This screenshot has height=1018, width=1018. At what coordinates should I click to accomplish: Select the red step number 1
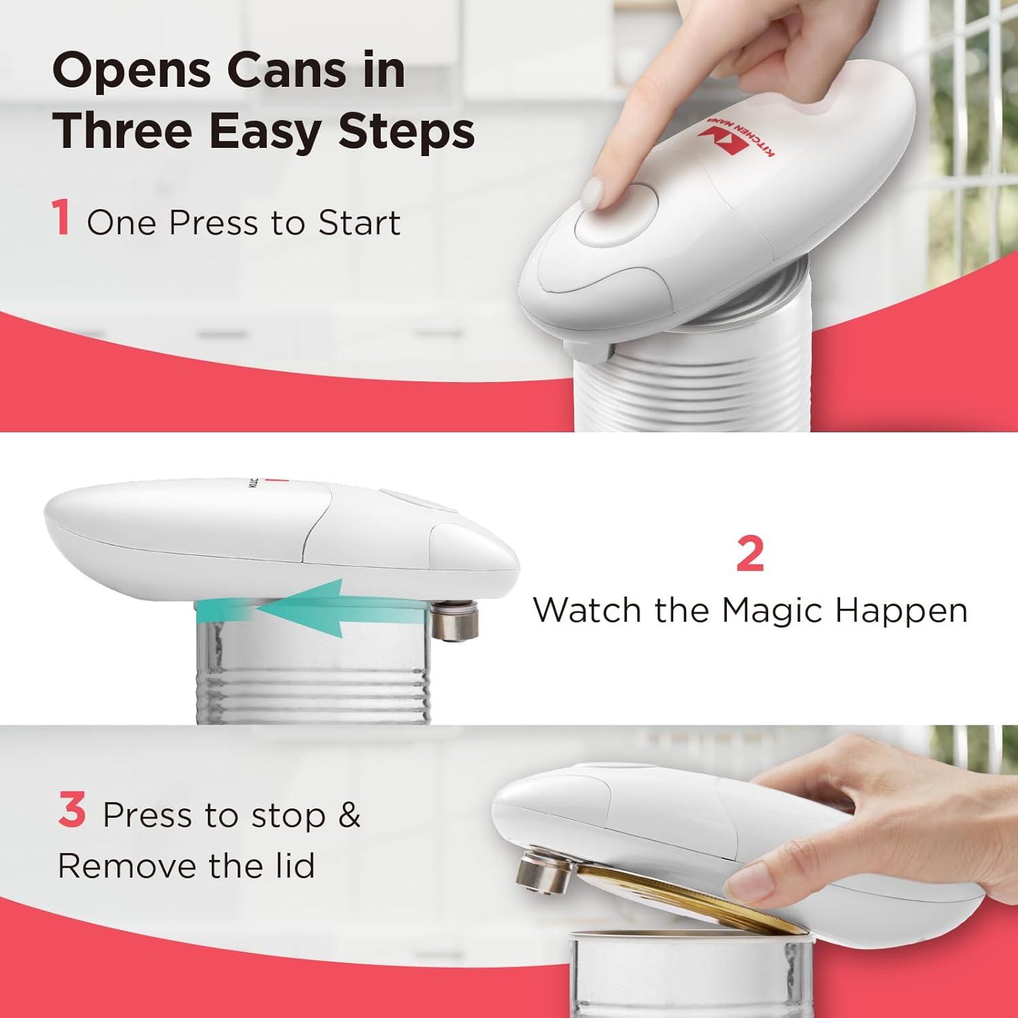tap(62, 219)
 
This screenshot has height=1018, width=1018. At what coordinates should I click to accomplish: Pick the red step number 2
tap(750, 555)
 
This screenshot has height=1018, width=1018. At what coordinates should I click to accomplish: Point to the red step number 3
tap(72, 811)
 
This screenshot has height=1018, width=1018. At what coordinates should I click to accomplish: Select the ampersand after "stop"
tap(349, 815)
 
